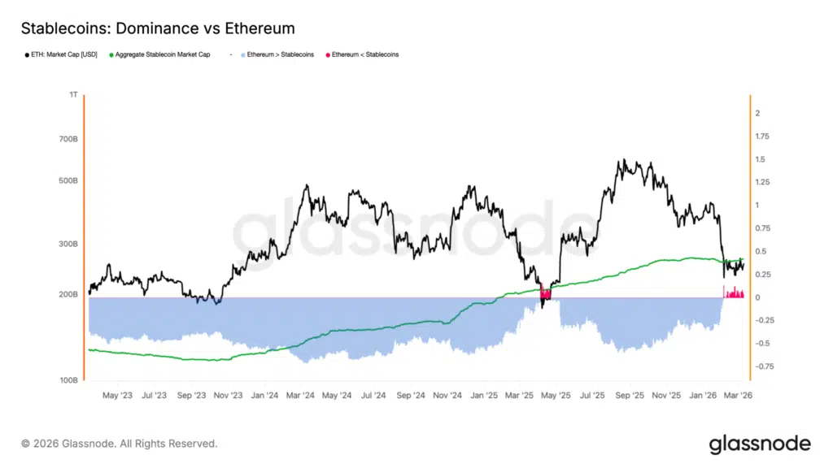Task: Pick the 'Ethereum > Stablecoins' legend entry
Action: tap(278, 54)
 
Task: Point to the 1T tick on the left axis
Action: tap(73, 95)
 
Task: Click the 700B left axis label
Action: tap(68, 139)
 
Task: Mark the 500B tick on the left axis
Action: tap(68, 180)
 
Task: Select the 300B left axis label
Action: tap(68, 244)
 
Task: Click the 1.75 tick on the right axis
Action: tap(762, 136)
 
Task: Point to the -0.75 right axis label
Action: tap(762, 366)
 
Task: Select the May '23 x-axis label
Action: tap(118, 396)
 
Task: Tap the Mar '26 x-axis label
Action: tap(737, 396)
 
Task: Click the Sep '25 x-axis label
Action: tap(630, 396)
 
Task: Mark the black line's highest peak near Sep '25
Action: tap(622, 160)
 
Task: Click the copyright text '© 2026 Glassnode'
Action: tap(120, 444)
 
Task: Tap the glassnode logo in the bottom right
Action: tap(759, 444)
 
